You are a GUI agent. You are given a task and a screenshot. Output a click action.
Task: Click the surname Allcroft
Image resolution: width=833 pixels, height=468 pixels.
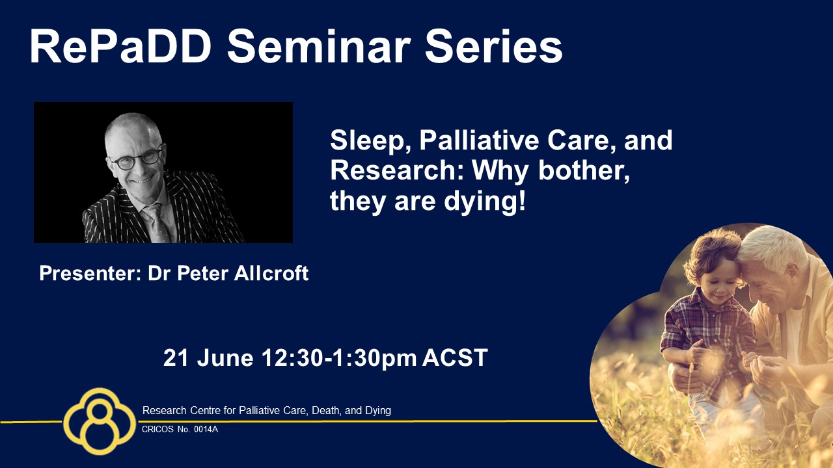271,273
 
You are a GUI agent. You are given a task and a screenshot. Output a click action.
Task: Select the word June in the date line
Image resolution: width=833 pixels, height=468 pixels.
225,358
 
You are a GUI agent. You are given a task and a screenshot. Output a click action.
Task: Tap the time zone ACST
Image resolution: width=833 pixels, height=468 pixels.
455,358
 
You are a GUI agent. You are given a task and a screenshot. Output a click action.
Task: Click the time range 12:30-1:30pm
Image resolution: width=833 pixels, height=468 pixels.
339,358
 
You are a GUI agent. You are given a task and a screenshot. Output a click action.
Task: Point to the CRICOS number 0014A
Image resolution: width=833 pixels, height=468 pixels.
206,430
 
